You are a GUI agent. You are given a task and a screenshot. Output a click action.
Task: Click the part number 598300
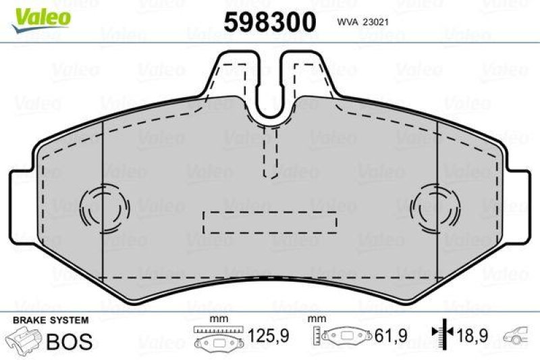pyautogui.click(x=269, y=22)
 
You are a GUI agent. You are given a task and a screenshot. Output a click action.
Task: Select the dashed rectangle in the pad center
pyautogui.click(x=269, y=221)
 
